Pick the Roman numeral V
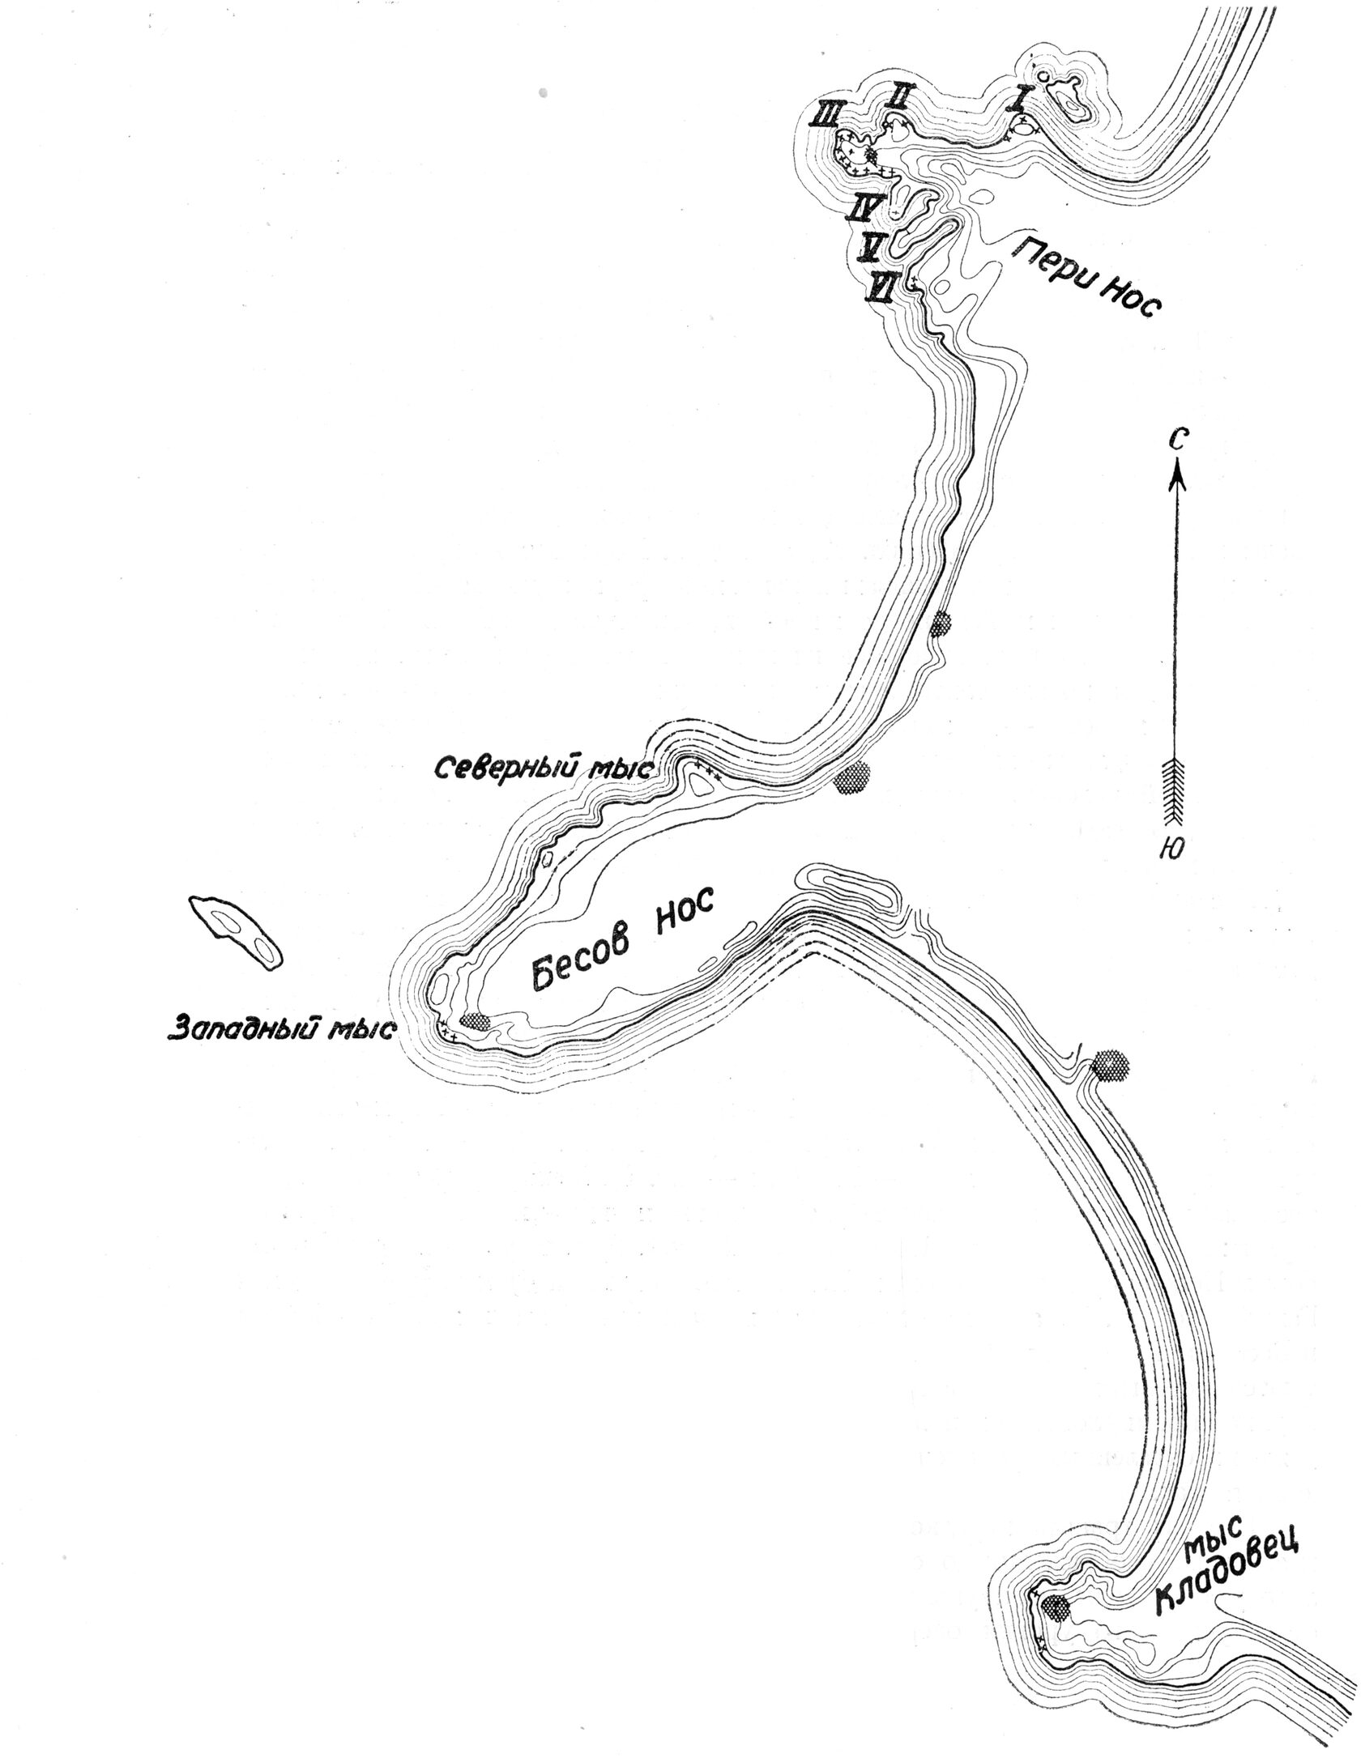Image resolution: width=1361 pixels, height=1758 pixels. (872, 247)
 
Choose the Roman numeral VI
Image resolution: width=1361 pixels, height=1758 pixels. (880, 287)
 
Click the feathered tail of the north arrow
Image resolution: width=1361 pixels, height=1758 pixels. (1175, 781)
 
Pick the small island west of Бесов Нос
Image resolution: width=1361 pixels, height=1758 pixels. (235, 932)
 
